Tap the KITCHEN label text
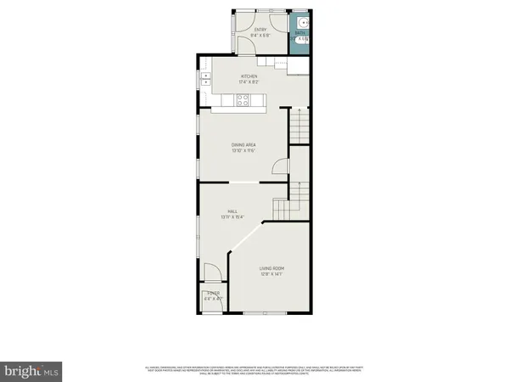coord(249,76)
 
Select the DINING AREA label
coord(243,145)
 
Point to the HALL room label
coord(231,211)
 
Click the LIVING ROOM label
coord(271,268)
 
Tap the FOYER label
coord(212,294)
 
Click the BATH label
coord(299,33)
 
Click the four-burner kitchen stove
coord(243,100)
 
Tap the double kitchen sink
coord(205,81)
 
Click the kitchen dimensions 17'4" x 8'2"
coord(249,82)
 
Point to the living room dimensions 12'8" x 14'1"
coord(271,274)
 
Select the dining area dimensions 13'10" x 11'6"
coord(243,151)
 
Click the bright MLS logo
coord(31,370)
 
